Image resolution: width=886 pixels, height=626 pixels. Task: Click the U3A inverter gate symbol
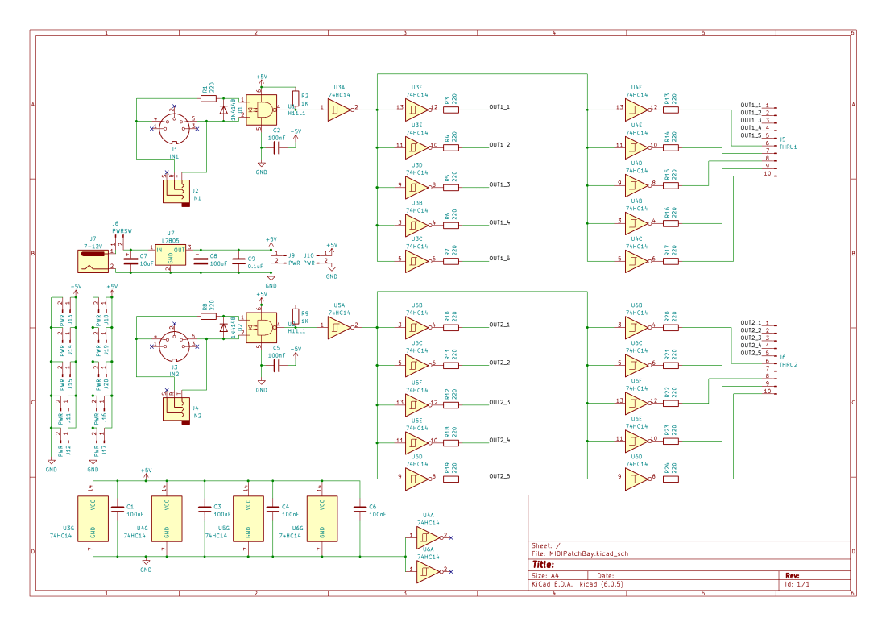pyautogui.click(x=338, y=108)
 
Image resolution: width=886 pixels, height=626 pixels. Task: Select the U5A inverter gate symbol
pyautogui.click(x=338, y=326)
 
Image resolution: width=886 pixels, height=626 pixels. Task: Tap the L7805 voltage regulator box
pyautogui.click(x=171, y=255)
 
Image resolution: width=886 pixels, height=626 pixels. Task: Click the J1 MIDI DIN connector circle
pyautogui.click(x=174, y=127)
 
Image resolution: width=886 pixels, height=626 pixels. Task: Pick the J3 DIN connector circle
pyautogui.click(x=174, y=346)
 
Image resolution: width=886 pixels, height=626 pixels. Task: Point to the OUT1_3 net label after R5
pyautogui.click(x=499, y=184)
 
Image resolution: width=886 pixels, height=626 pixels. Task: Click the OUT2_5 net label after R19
pyautogui.click(x=499, y=476)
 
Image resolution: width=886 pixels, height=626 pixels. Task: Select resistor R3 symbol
pyautogui.click(x=451, y=107)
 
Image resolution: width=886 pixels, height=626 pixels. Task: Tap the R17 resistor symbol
pyautogui.click(x=670, y=259)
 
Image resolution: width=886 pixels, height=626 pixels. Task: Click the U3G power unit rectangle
pyautogui.click(x=93, y=519)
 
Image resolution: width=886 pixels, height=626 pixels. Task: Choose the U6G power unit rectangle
pyautogui.click(x=321, y=519)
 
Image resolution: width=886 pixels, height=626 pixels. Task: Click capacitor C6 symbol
pyautogui.click(x=359, y=508)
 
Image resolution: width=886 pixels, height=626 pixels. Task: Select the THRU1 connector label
pyautogui.click(x=786, y=147)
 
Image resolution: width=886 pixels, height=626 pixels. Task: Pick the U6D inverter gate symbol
pyautogui.click(x=636, y=477)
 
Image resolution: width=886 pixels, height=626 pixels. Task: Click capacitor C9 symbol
pyautogui.click(x=238, y=260)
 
